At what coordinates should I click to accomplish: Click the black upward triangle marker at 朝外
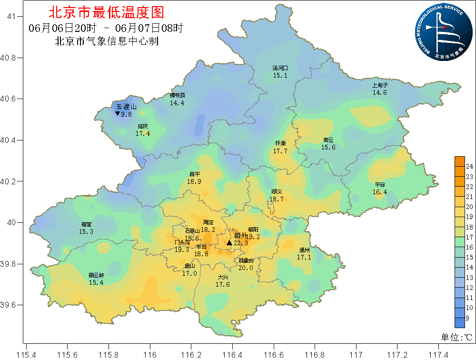pos(229,243)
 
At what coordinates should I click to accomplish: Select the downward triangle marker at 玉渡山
pos(118,114)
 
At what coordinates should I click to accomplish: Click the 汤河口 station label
pos(280,68)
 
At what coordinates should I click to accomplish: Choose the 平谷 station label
pos(380,185)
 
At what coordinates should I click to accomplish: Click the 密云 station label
pos(328,140)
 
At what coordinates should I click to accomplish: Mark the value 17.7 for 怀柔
pos(280,151)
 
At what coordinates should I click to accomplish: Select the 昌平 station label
pos(194,174)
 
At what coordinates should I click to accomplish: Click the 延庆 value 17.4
pos(143,133)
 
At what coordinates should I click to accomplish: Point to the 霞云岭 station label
pos(96,275)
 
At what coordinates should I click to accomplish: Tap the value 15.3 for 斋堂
pos(86,231)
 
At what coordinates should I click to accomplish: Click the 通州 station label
pos(304,250)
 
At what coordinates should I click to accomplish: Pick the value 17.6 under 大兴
pos(223,284)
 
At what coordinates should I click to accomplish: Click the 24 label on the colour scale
pos(468,166)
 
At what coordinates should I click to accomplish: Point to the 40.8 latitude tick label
pos(8,58)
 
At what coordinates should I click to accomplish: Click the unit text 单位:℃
pos(456,337)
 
